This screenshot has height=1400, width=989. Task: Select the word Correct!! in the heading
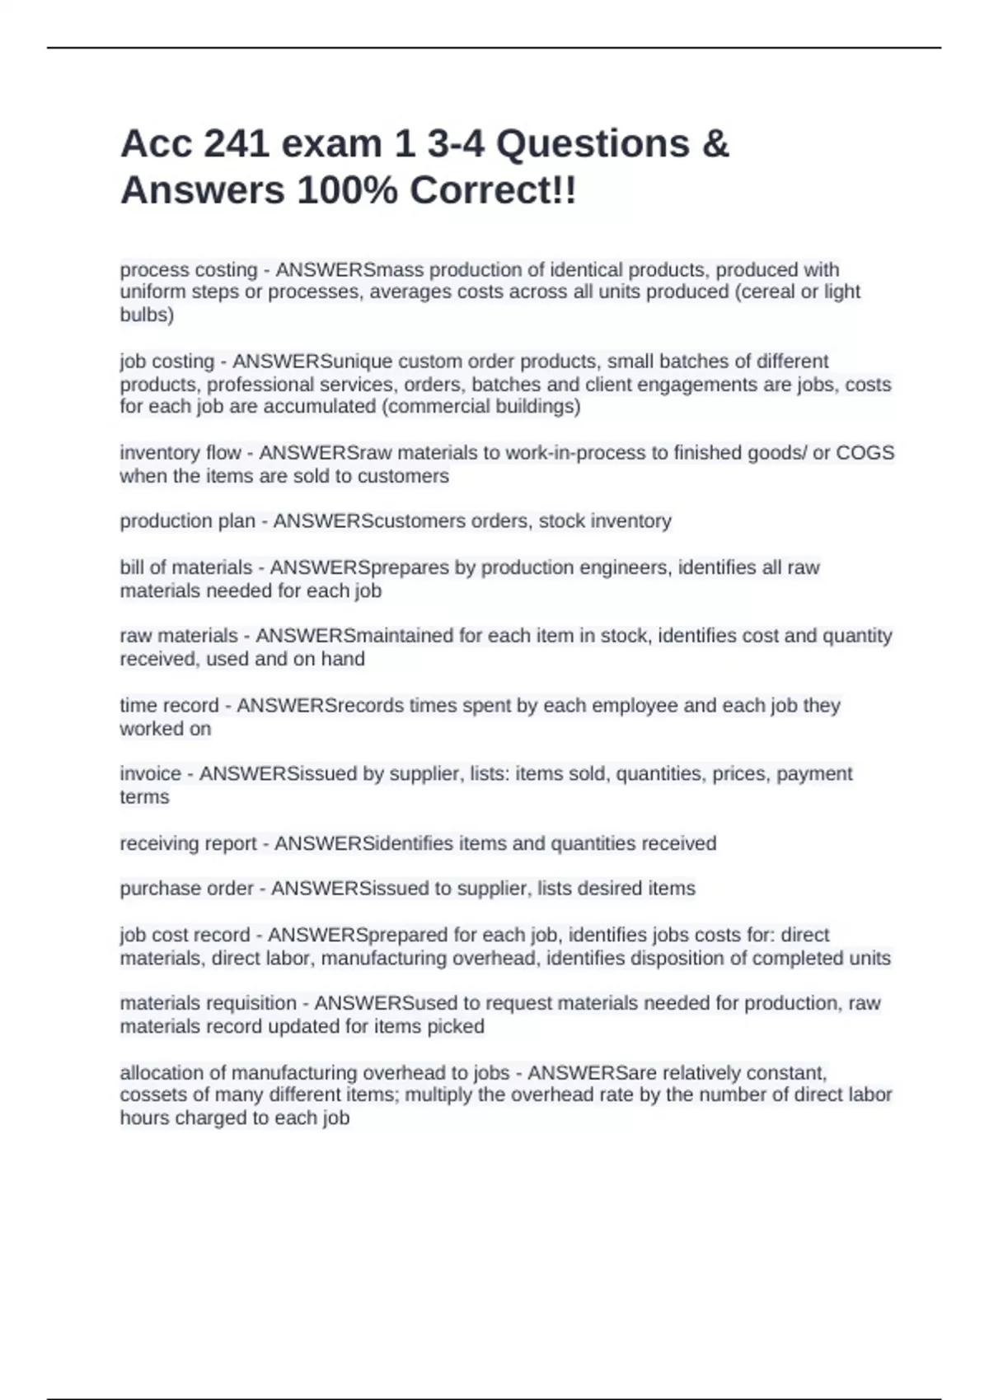493,191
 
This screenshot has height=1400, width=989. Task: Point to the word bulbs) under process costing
147,315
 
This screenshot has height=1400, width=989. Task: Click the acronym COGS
865,453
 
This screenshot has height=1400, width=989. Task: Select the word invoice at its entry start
150,773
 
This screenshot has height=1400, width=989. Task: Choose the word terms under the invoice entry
144,797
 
